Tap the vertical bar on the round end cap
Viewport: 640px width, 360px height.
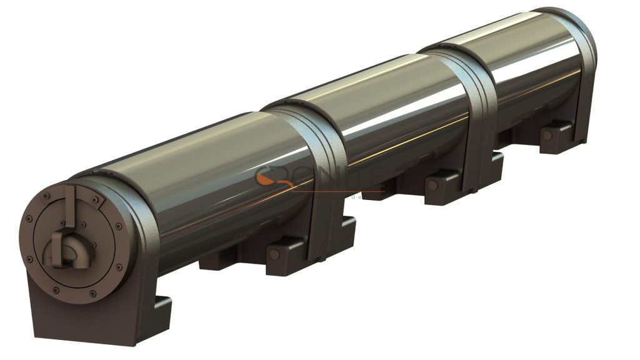[x=70, y=207]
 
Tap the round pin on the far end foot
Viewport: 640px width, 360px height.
[x=547, y=134]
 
